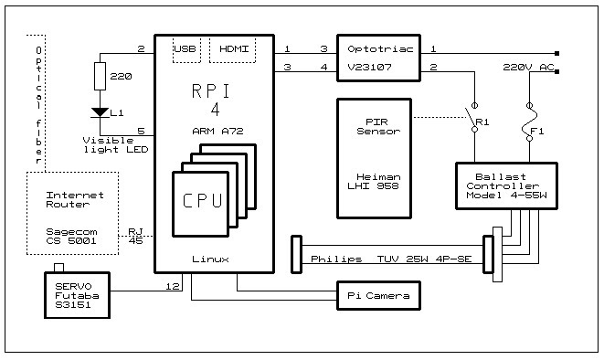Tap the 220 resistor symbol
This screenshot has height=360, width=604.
click(98, 79)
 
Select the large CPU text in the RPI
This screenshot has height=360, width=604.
click(202, 199)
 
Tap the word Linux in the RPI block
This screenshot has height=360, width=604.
click(209, 259)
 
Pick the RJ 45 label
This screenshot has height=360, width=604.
click(135, 237)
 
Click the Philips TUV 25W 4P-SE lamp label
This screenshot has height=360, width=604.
click(391, 259)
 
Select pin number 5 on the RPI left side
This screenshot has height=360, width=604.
click(141, 130)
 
